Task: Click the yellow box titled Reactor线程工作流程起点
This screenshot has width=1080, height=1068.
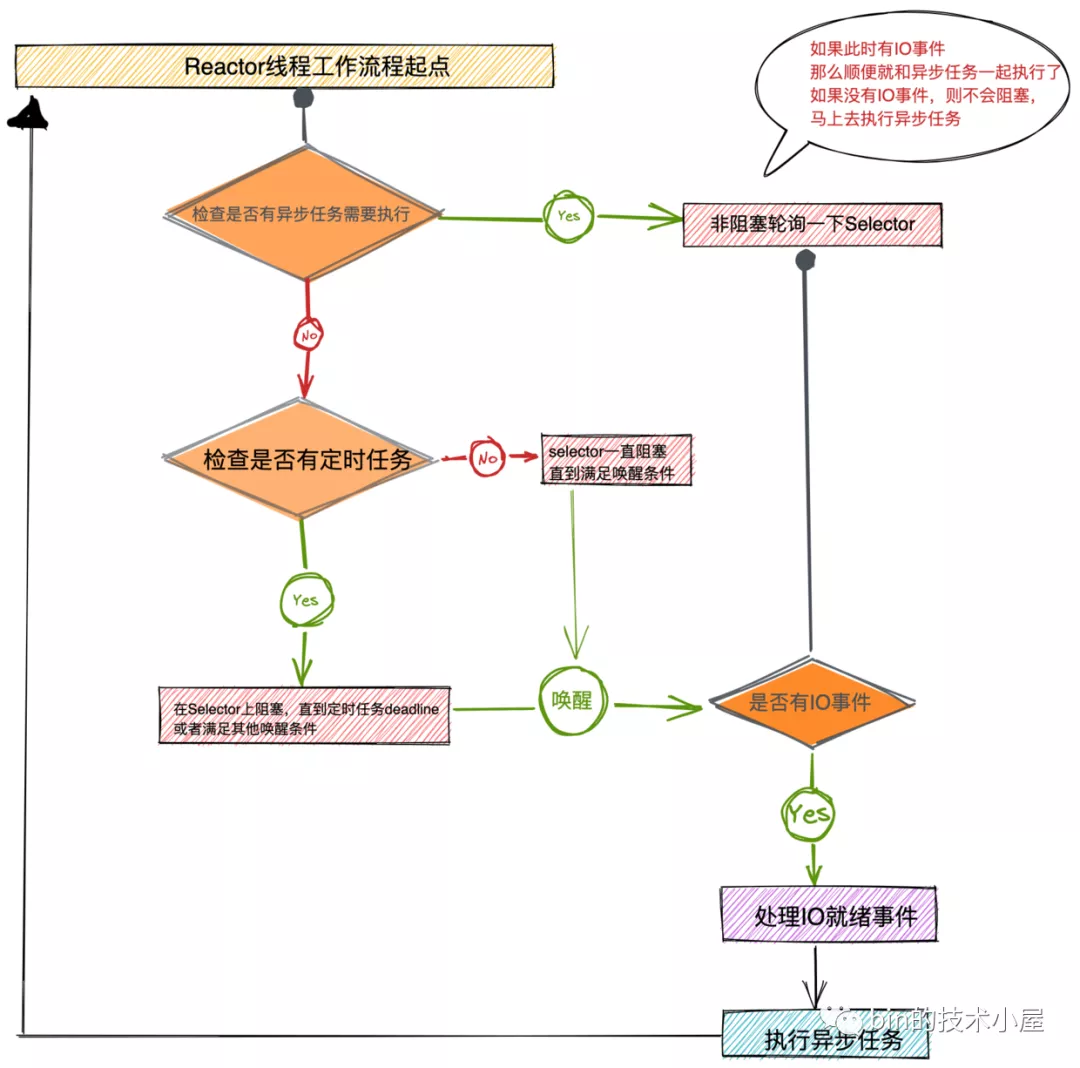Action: coord(283,67)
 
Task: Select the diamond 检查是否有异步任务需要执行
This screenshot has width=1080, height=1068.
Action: coord(302,214)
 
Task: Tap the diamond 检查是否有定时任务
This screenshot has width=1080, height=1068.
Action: coord(301,460)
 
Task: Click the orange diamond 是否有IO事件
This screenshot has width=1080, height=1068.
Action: coord(810,703)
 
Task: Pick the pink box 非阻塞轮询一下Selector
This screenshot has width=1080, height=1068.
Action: coord(811,224)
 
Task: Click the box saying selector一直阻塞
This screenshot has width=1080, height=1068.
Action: coord(615,462)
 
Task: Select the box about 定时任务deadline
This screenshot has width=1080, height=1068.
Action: coord(304,716)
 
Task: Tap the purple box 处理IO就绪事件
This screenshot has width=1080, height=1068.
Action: coord(829,915)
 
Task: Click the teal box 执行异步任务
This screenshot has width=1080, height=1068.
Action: coord(825,1036)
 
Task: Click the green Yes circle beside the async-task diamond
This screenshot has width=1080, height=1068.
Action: coord(567,216)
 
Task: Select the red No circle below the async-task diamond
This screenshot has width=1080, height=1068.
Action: coord(308,336)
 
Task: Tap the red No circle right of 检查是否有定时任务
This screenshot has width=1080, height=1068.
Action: coord(487,458)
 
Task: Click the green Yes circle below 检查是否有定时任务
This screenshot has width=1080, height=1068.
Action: coord(305,600)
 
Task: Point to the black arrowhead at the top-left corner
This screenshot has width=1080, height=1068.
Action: coord(29,114)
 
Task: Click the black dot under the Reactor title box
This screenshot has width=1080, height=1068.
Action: coord(303,98)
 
